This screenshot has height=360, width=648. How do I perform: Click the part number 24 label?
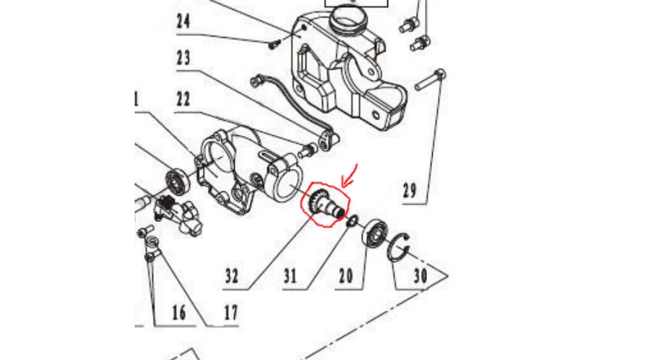pyautogui.click(x=184, y=21)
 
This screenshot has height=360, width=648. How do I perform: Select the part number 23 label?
pyautogui.click(x=184, y=58)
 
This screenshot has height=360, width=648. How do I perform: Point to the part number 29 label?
pyautogui.click(x=410, y=192)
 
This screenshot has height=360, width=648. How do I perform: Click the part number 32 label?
pyautogui.click(x=232, y=276)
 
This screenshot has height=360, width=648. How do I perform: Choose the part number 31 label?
pyautogui.click(x=290, y=276)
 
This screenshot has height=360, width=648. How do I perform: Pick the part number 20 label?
pyautogui.click(x=346, y=276)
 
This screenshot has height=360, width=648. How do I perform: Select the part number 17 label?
pyautogui.click(x=230, y=313)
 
